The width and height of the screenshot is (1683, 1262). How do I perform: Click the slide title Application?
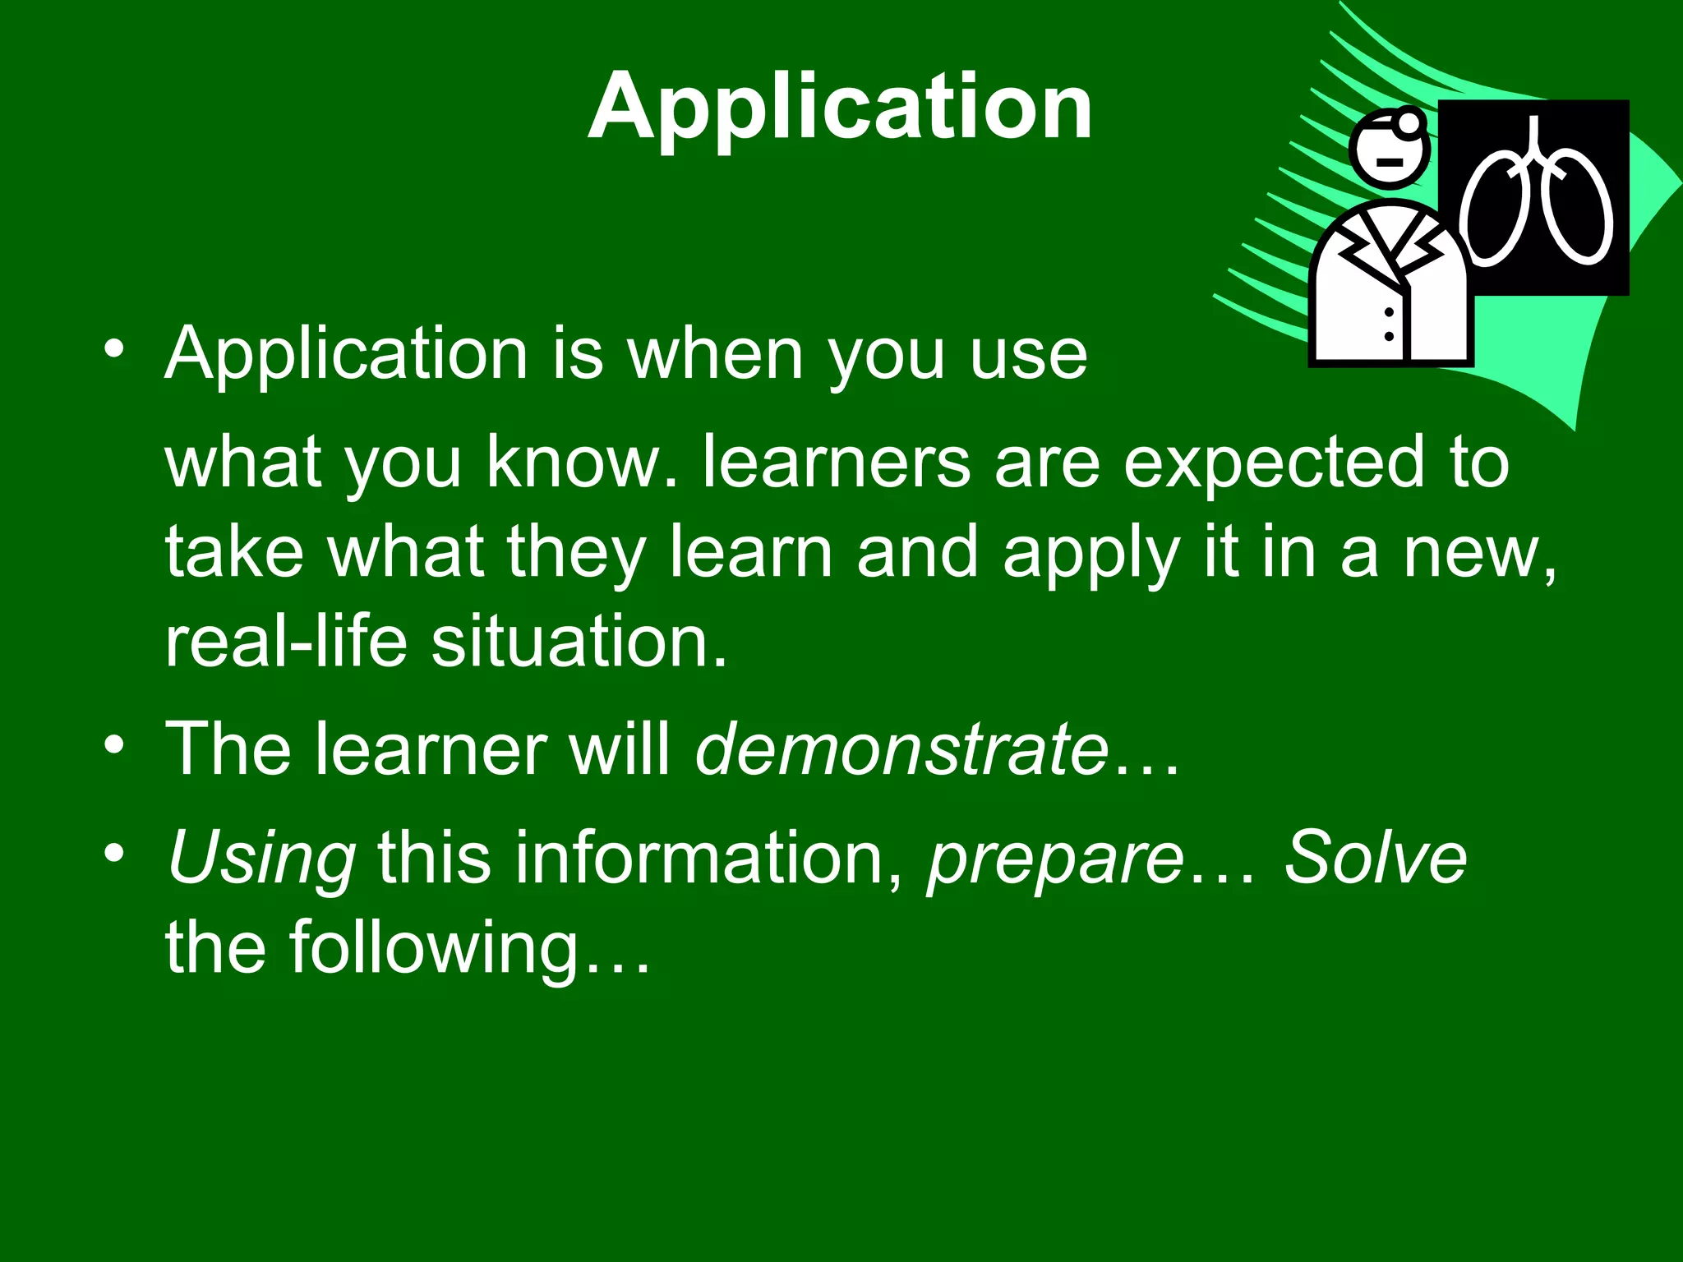tap(840, 107)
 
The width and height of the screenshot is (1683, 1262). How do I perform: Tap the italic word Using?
tap(261, 859)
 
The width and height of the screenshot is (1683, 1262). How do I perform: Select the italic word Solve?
tap(1374, 859)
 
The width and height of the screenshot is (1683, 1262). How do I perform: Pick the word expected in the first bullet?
tap(1274, 464)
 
